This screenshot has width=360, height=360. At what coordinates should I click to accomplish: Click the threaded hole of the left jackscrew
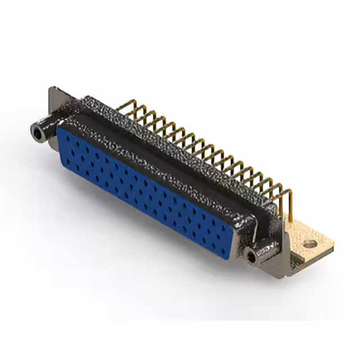pos(37,133)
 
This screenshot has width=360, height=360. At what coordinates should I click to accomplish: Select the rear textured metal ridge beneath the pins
pos(186,141)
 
